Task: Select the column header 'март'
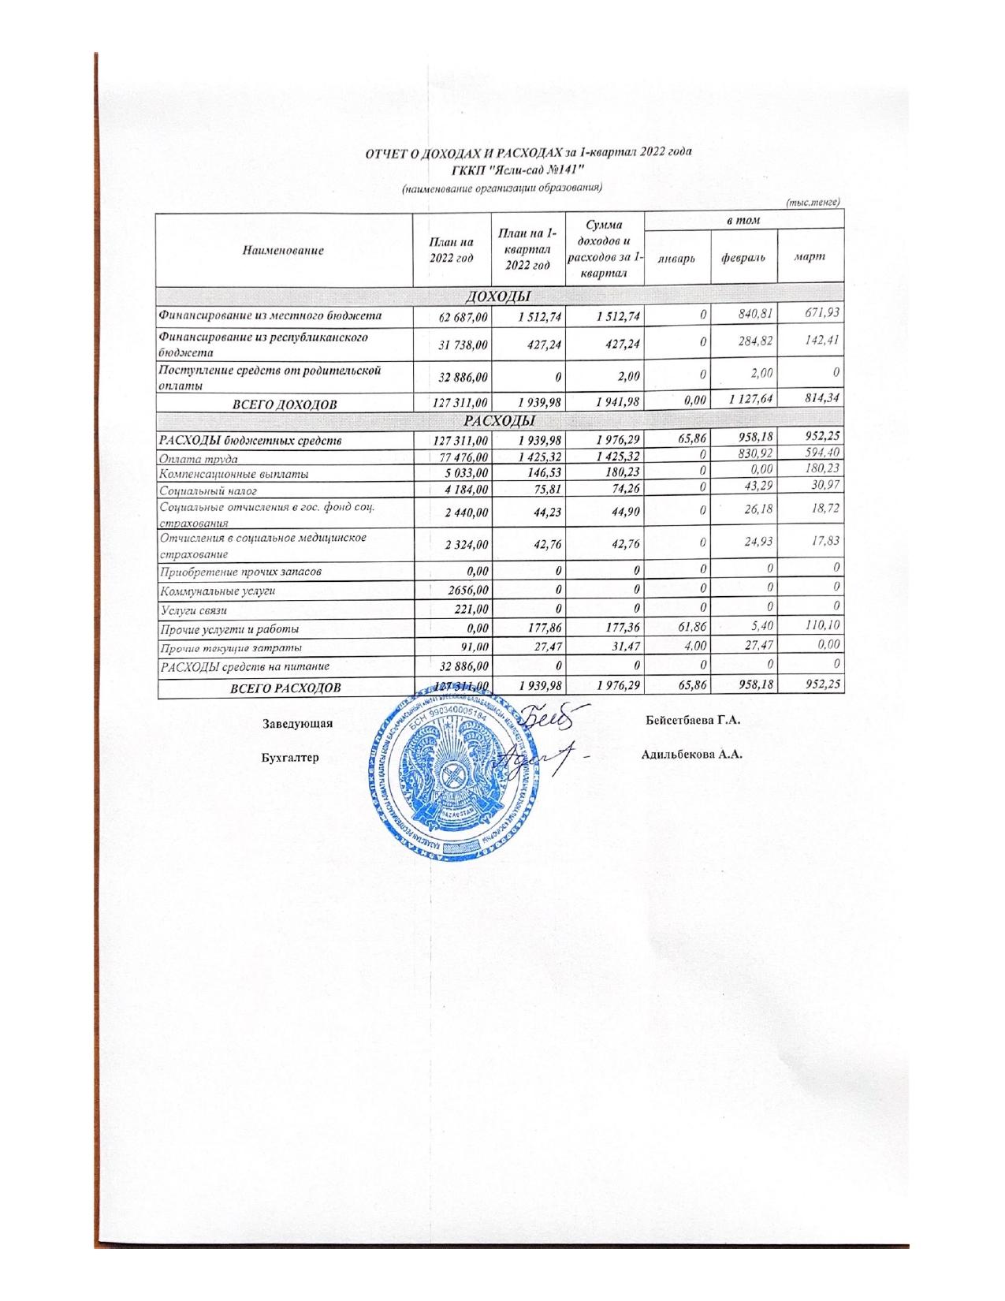[810, 256]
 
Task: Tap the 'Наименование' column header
[285, 250]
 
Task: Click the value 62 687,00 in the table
[453, 316]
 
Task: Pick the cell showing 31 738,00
[453, 344]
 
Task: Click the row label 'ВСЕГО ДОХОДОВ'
[284, 404]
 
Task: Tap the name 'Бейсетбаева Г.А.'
[694, 721]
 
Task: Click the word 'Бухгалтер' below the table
[290, 757]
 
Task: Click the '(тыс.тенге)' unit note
[816, 203]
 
